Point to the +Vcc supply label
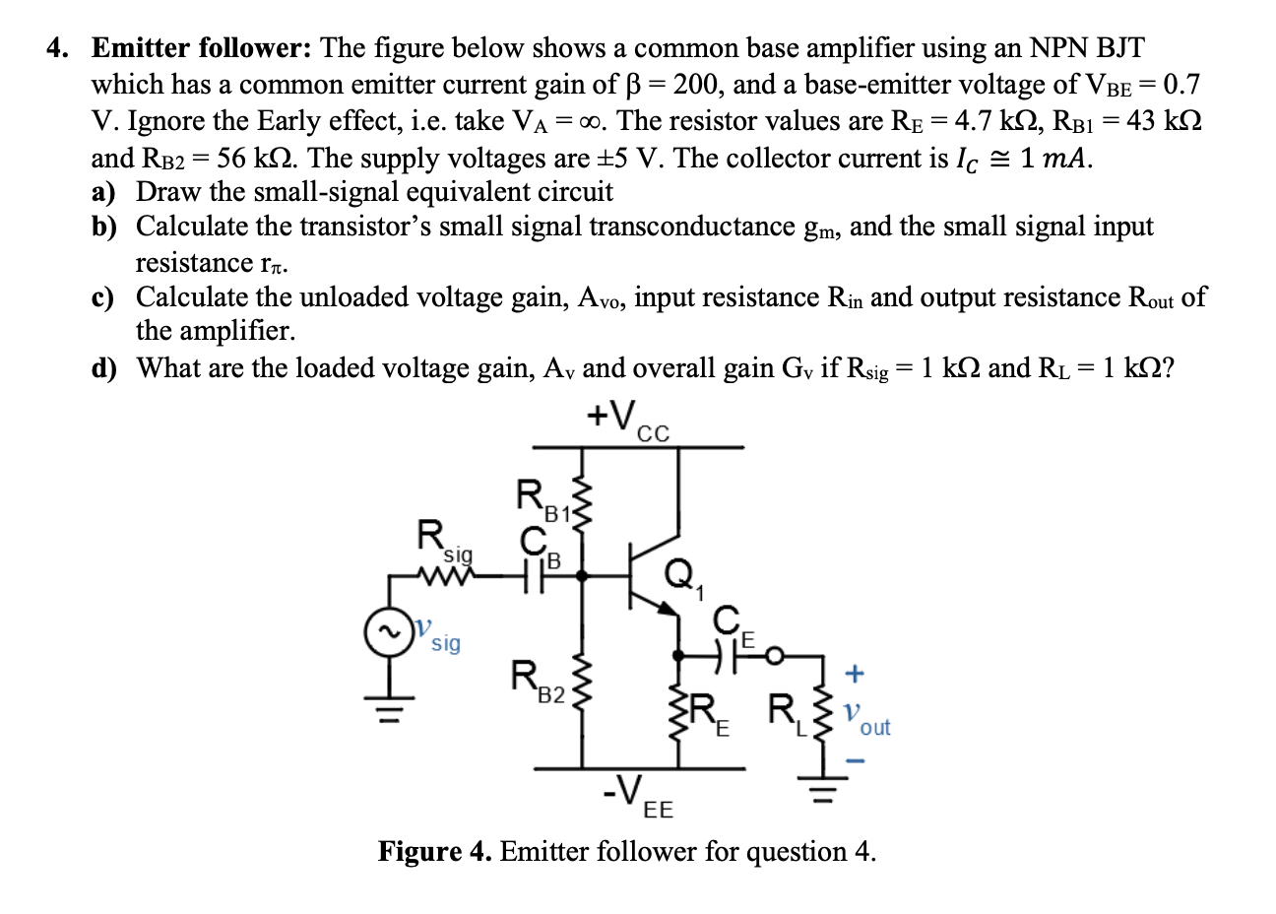tap(627, 420)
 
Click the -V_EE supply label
tap(637, 794)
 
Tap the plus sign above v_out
tap(855, 675)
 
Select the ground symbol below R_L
tap(820, 789)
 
